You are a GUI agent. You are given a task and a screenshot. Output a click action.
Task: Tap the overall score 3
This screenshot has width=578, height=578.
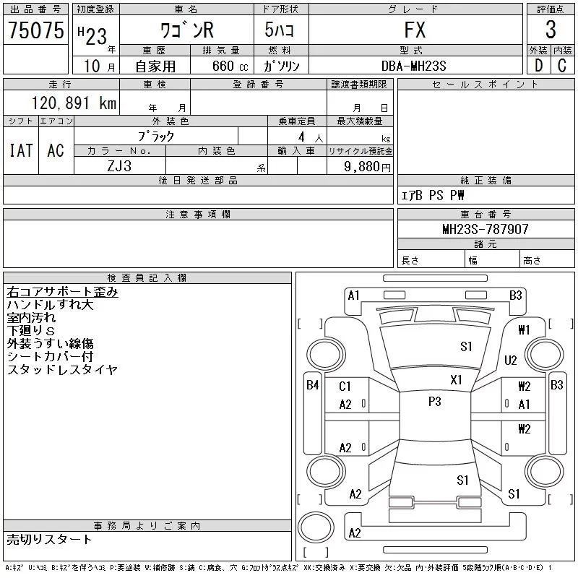pyautogui.click(x=550, y=30)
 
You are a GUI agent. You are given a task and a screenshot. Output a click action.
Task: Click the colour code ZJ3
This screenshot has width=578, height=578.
pyautogui.click(x=119, y=166)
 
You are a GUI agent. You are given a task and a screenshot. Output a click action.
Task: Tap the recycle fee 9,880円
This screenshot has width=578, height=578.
pyautogui.click(x=368, y=166)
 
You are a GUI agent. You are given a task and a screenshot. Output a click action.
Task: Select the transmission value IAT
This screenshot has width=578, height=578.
pyautogui.click(x=21, y=150)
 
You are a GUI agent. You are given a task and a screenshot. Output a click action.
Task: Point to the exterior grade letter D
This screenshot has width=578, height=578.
pyautogui.click(x=538, y=66)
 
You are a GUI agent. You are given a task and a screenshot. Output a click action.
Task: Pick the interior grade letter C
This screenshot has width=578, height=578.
pyautogui.click(x=562, y=66)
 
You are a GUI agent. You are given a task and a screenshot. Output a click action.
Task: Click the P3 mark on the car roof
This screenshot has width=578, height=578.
pyautogui.click(x=434, y=402)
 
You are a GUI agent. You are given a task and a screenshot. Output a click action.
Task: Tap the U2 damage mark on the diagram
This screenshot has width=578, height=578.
pyautogui.click(x=511, y=360)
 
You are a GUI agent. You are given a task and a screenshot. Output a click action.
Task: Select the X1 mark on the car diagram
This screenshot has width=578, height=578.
pyautogui.click(x=456, y=379)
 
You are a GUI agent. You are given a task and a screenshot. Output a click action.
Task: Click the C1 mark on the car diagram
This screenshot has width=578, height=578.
pyautogui.click(x=345, y=387)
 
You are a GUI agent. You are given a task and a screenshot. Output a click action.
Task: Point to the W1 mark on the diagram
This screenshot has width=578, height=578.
pyautogui.click(x=525, y=330)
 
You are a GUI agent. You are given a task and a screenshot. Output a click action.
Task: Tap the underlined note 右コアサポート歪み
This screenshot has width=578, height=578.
pyautogui.click(x=62, y=293)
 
